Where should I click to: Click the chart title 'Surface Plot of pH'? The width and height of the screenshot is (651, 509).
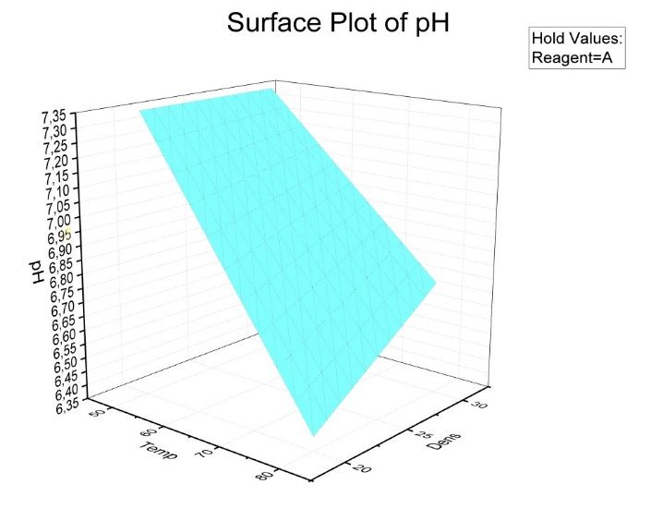coord(338,23)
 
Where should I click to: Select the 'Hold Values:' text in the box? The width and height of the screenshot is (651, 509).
coord(577,39)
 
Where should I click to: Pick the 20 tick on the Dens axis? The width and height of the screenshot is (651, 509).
coord(362,469)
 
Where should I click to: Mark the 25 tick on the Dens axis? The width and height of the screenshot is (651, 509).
coord(422,435)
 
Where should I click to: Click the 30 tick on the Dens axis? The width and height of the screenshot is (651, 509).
coord(477,405)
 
